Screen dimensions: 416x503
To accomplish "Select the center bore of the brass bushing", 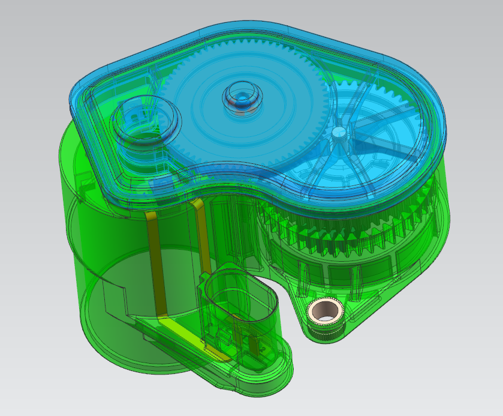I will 324,311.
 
